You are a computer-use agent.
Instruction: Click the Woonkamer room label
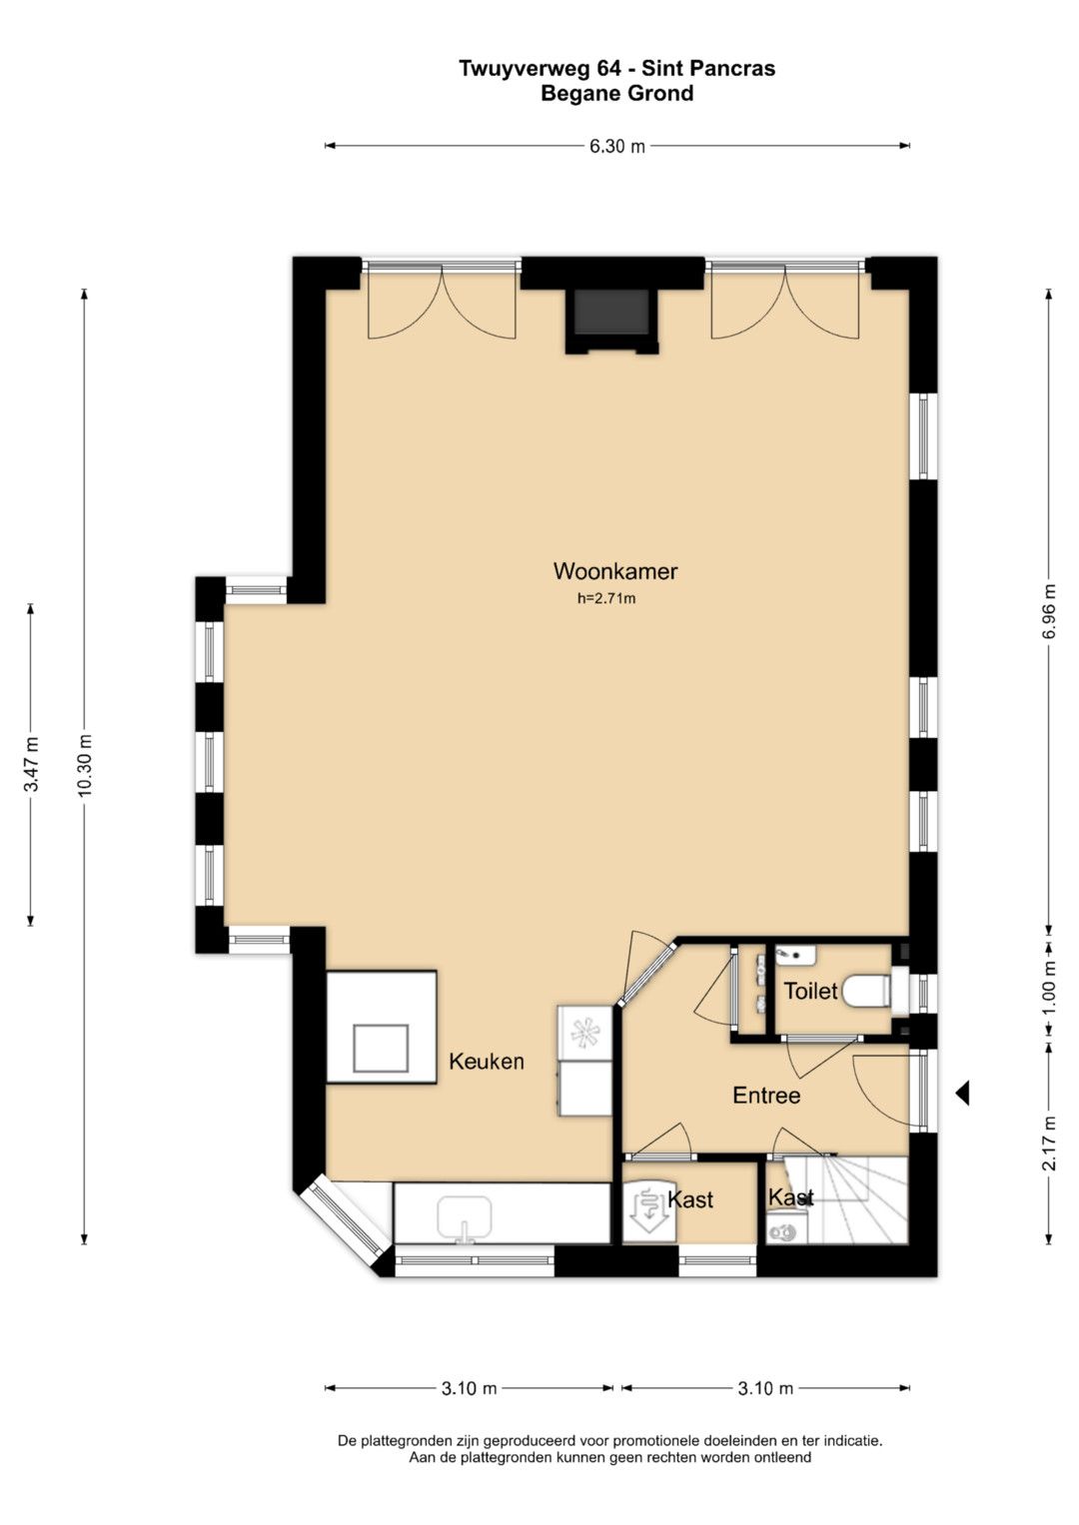pyautogui.click(x=615, y=570)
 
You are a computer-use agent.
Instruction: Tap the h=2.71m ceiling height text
pyautogui.click(x=606, y=599)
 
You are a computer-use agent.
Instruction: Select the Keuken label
pyautogui.click(x=487, y=1061)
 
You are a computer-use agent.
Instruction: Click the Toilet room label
pyautogui.click(x=810, y=991)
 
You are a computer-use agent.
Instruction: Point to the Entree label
pyautogui.click(x=766, y=1096)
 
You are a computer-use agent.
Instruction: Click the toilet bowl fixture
pyautogui.click(x=866, y=991)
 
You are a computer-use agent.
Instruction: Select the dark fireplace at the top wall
pyautogui.click(x=610, y=312)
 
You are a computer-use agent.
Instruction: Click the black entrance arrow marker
pyautogui.click(x=961, y=1094)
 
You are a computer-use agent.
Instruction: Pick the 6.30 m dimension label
pyautogui.click(x=617, y=146)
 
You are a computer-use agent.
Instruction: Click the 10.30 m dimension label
pyautogui.click(x=85, y=765)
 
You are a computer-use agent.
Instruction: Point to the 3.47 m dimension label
pyautogui.click(x=31, y=765)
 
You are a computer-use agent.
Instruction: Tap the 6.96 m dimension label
pyautogui.click(x=1049, y=611)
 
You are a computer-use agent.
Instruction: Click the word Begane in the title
pyautogui.click(x=580, y=93)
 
